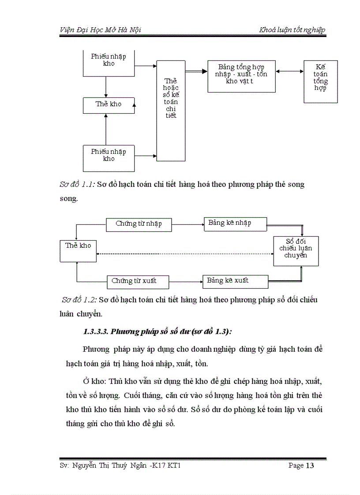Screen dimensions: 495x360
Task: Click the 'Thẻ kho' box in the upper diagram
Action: [x=109, y=105]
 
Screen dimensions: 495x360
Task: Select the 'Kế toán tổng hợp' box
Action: [x=321, y=82]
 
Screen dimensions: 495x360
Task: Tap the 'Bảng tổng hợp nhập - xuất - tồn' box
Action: [x=241, y=76]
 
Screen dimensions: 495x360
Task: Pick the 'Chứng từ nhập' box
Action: [x=139, y=224]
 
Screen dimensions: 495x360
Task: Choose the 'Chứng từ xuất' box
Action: [x=139, y=281]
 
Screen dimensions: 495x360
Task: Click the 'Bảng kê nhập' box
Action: [x=235, y=223]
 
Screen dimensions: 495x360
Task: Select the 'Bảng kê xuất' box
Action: [x=235, y=281]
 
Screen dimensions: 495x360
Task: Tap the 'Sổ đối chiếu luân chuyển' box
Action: [x=296, y=250]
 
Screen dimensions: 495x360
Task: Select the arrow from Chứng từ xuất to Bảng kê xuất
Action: [x=186, y=281]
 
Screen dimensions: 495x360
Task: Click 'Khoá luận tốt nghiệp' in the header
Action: [x=292, y=30]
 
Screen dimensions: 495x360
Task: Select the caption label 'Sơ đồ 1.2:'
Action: [x=79, y=300]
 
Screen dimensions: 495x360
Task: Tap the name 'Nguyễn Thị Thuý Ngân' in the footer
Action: [x=109, y=465]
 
